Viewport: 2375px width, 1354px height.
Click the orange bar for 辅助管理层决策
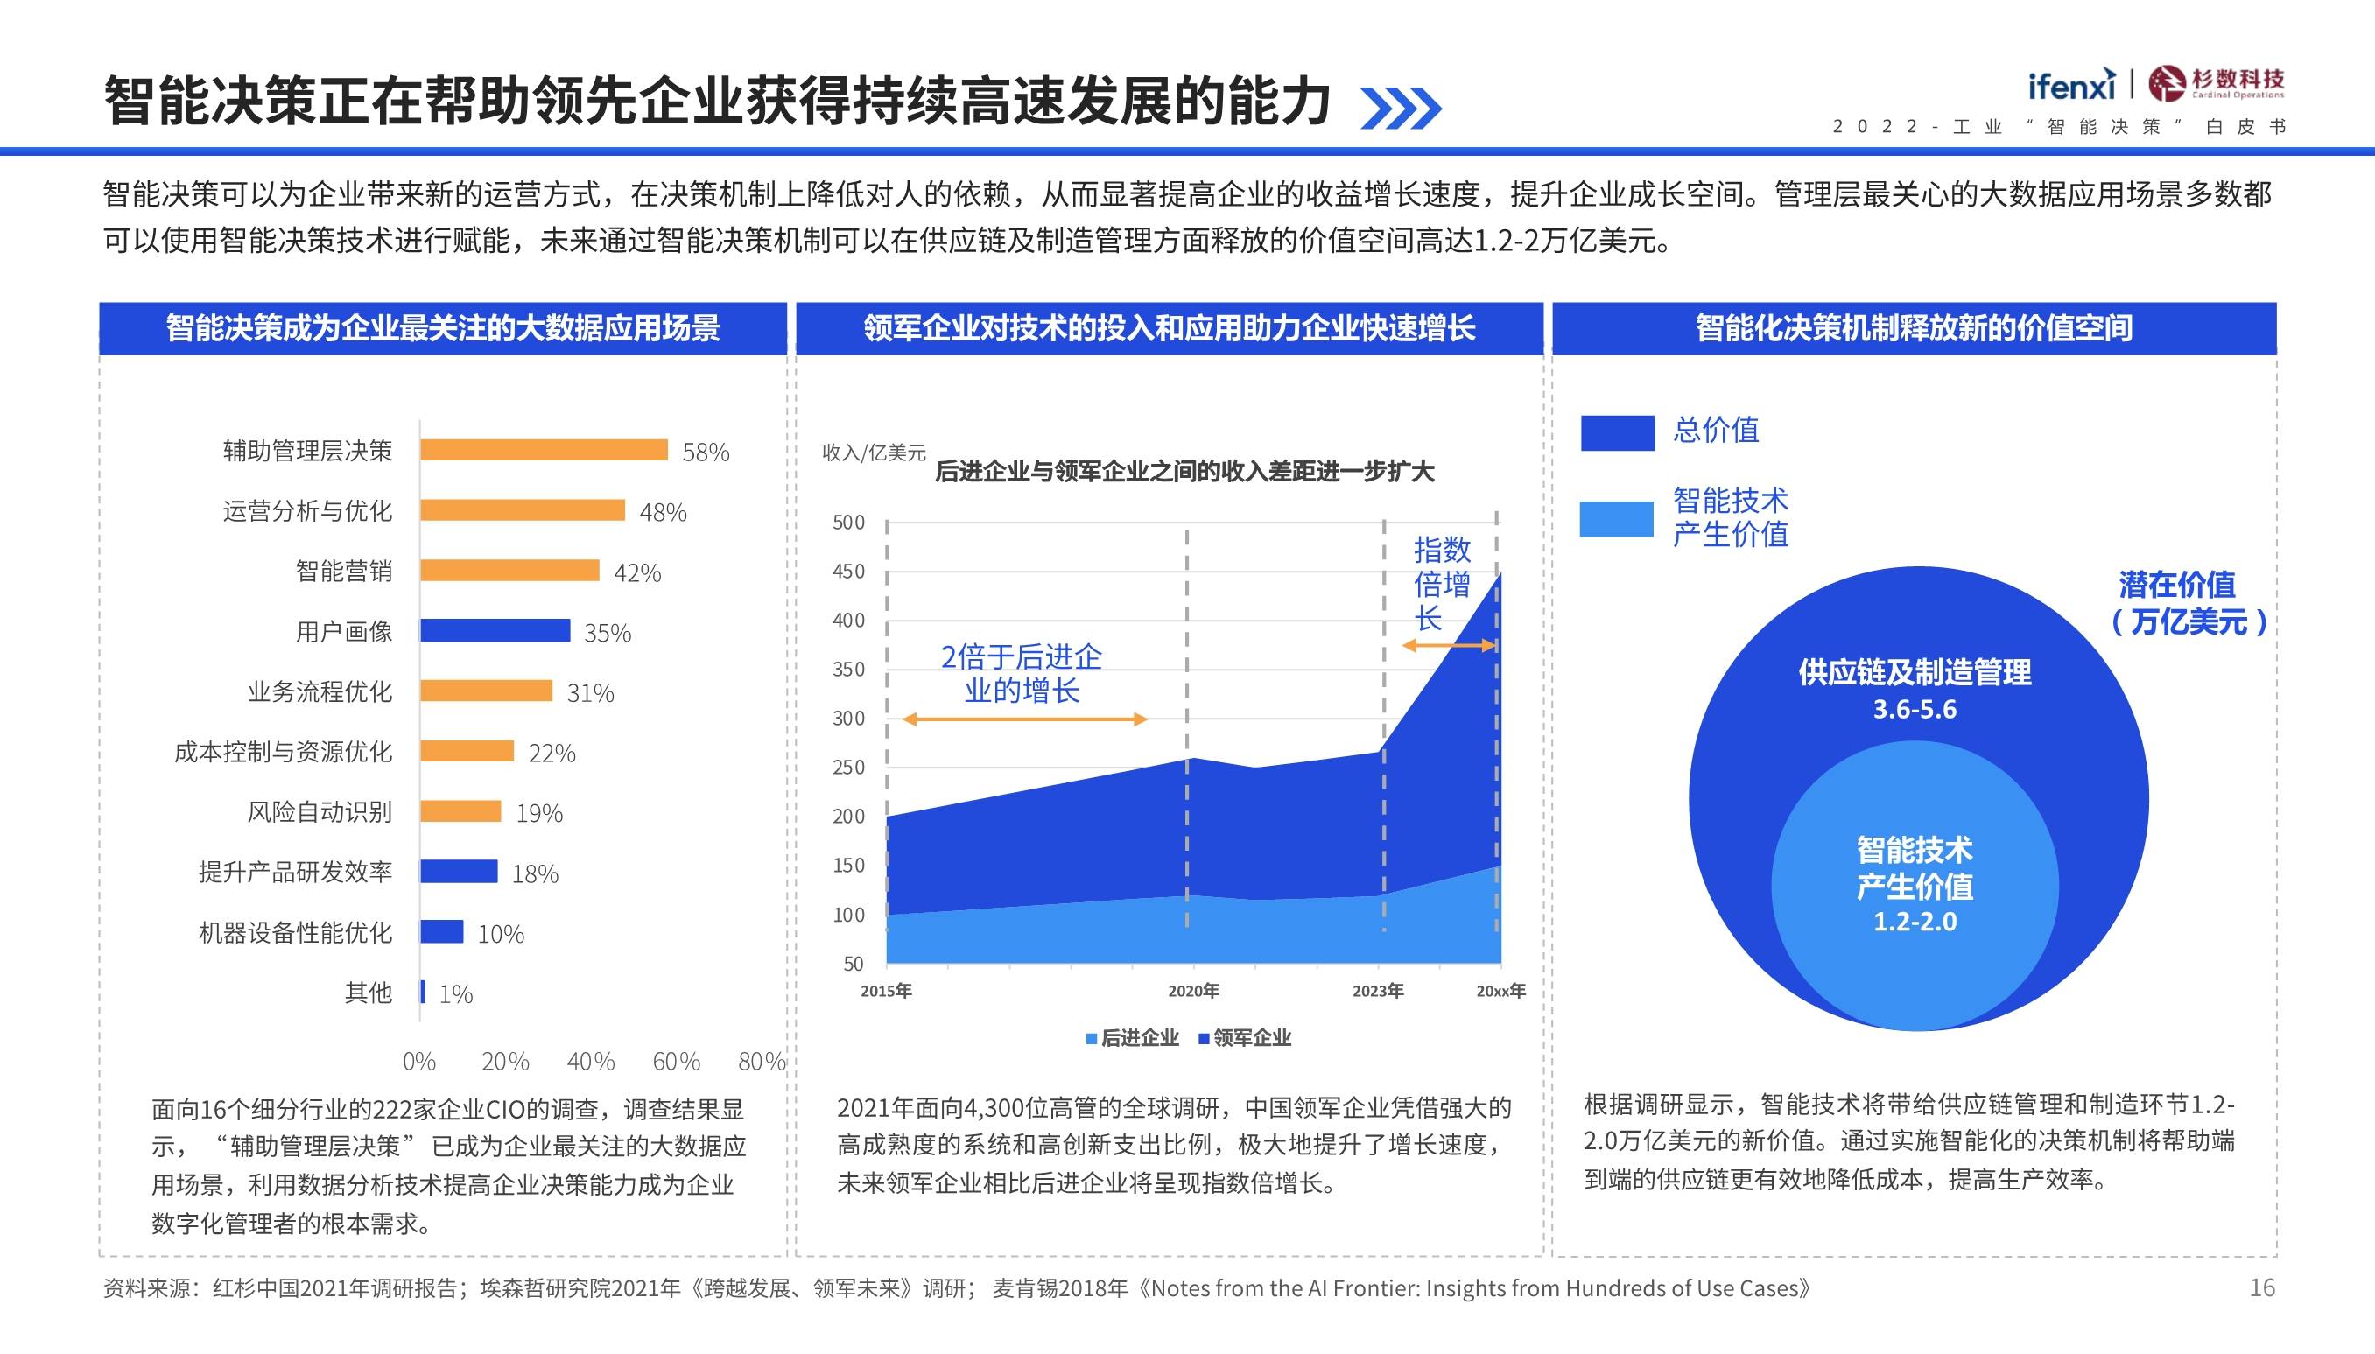(x=543, y=450)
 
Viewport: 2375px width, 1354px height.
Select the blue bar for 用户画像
(x=495, y=630)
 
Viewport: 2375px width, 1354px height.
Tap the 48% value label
(x=663, y=512)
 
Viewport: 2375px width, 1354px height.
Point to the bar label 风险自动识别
(x=319, y=812)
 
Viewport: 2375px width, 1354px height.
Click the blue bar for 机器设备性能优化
(x=442, y=932)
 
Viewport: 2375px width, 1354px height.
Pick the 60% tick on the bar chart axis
(x=676, y=1061)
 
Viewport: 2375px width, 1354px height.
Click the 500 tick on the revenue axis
(x=848, y=523)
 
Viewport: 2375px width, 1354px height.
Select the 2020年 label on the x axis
(x=1193, y=992)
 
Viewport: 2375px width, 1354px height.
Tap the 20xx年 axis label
(x=1500, y=992)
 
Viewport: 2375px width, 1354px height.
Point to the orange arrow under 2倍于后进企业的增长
(x=1025, y=719)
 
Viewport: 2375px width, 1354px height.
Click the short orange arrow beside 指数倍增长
(x=1449, y=645)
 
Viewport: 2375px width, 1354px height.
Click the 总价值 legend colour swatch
(x=1617, y=433)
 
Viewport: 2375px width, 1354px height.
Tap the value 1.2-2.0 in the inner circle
(x=1915, y=922)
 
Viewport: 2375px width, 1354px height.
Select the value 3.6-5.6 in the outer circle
(x=1915, y=710)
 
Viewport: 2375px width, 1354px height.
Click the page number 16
(x=2261, y=1288)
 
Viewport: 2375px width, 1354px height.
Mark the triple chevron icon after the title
(x=1401, y=108)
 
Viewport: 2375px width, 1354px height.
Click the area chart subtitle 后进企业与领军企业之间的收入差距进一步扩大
(x=1184, y=472)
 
